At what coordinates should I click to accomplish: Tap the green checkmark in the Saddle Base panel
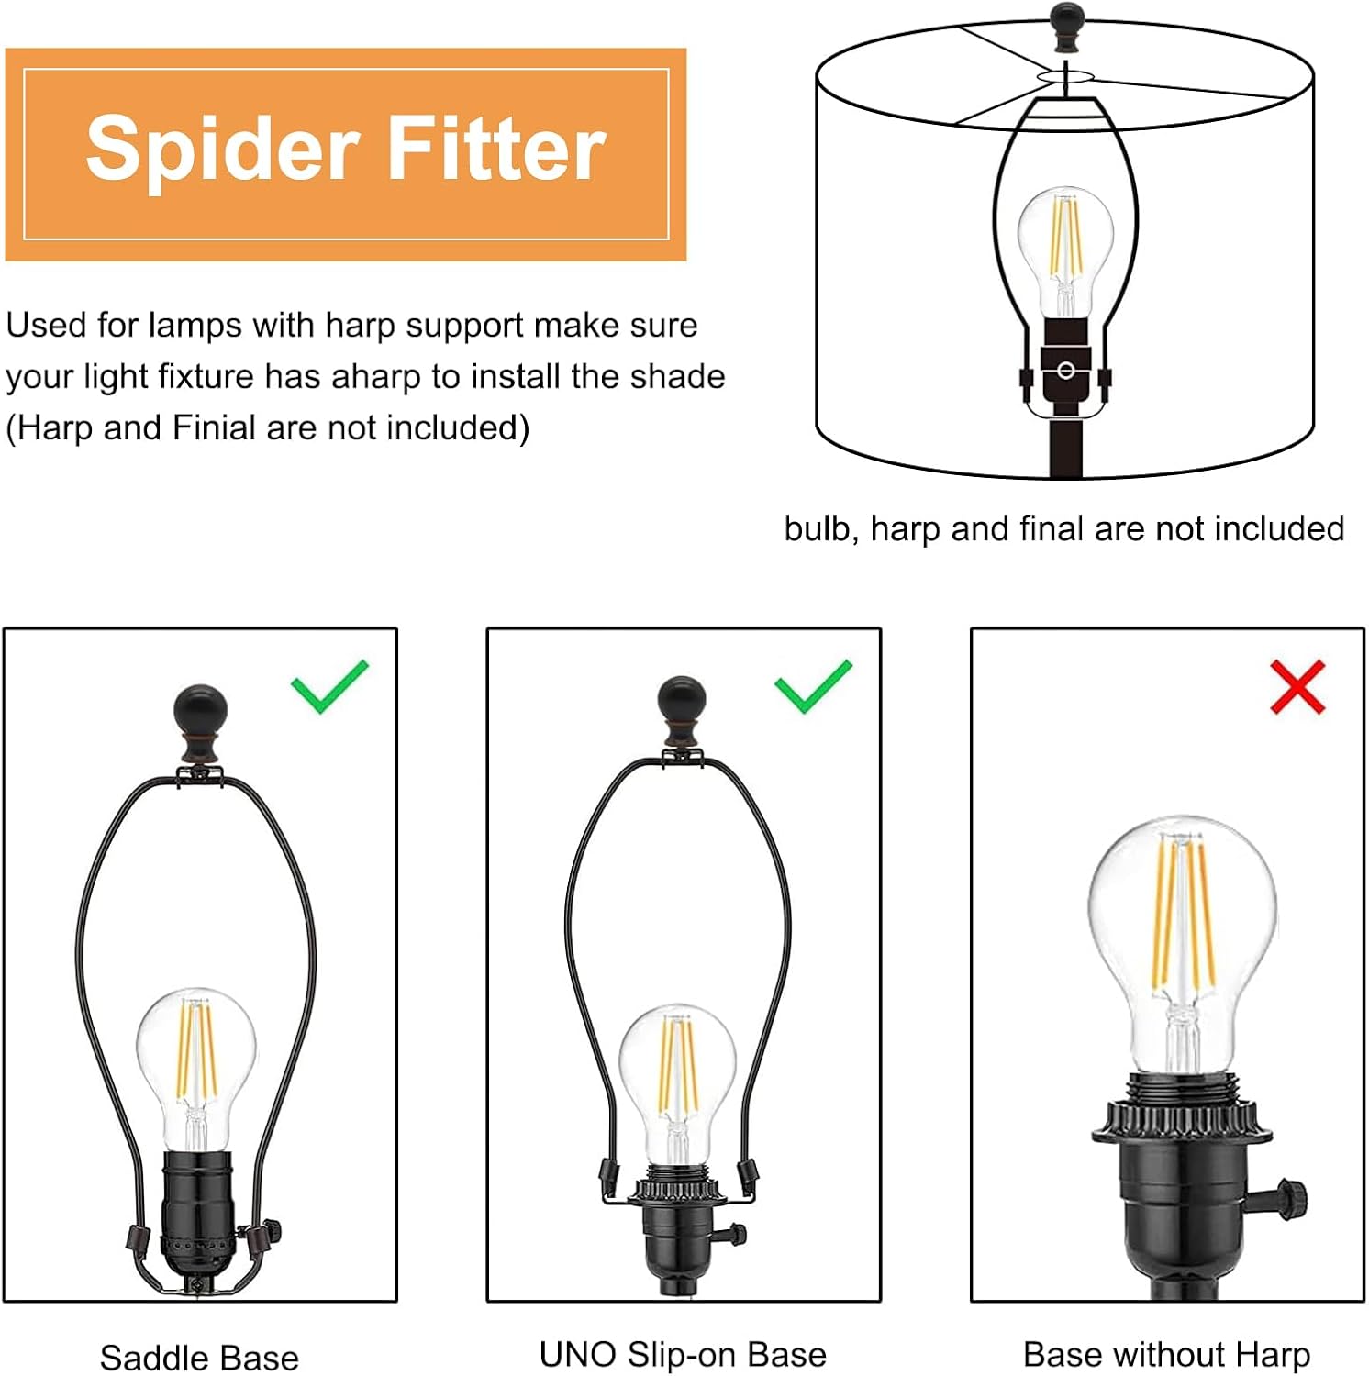click(329, 686)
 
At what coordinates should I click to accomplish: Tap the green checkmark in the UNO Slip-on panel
click(813, 686)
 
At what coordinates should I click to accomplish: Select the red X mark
click(1297, 686)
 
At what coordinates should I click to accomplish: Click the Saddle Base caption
click(199, 1358)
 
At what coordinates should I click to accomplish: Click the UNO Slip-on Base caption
click(683, 1355)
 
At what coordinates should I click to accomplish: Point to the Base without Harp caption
click(1166, 1355)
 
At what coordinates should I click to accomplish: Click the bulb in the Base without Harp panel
click(1182, 945)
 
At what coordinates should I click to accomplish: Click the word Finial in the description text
click(214, 428)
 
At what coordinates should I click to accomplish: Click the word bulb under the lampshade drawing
click(820, 528)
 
